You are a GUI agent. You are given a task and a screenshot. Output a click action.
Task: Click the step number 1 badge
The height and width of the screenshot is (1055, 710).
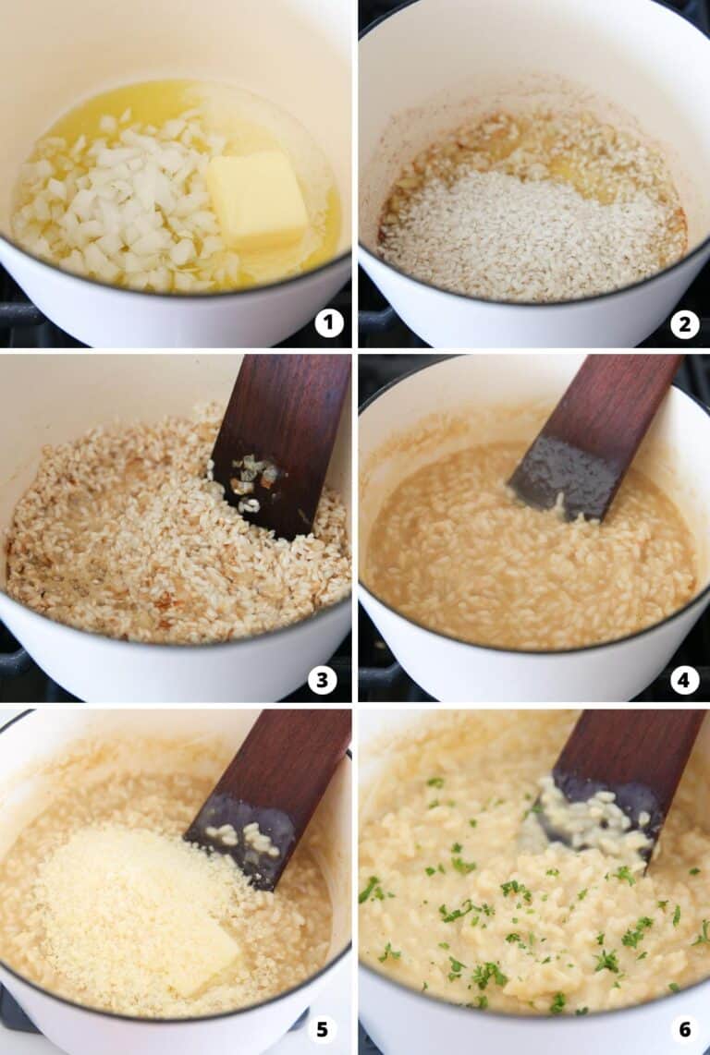click(x=328, y=322)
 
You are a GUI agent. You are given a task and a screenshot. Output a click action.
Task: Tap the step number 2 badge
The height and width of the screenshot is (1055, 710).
click(x=684, y=323)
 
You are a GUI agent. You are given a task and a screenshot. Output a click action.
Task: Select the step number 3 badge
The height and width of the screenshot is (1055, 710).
click(x=322, y=680)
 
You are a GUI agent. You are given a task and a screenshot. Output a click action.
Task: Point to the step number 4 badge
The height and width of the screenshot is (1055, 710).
click(x=684, y=680)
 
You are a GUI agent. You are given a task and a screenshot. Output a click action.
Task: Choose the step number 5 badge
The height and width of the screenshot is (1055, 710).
click(x=321, y=1029)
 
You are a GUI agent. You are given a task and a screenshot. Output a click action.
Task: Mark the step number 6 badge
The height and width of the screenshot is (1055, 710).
click(x=684, y=1029)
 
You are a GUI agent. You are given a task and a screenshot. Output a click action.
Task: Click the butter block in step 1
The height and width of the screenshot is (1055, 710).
click(x=257, y=199)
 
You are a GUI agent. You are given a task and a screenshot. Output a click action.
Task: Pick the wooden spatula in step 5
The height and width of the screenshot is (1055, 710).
click(x=268, y=785)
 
